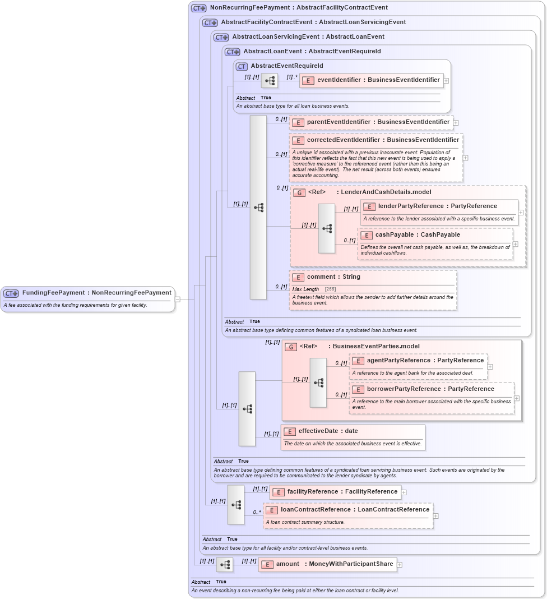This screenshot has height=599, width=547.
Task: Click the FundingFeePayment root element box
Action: click(x=88, y=293)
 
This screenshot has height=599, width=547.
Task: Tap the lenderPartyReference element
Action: click(x=438, y=206)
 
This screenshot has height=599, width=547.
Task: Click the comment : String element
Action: click(x=333, y=277)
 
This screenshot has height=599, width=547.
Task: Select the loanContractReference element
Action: click(x=347, y=510)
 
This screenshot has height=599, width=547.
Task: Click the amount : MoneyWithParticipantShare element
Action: click(x=327, y=564)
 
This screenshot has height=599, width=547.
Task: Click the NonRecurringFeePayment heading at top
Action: click(x=298, y=8)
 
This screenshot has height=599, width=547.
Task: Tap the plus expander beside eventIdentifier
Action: click(x=446, y=80)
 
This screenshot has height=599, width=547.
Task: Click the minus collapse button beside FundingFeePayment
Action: click(x=178, y=299)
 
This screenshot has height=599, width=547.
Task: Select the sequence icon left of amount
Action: click(x=225, y=565)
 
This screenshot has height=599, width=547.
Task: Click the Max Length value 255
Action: click(x=331, y=289)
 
